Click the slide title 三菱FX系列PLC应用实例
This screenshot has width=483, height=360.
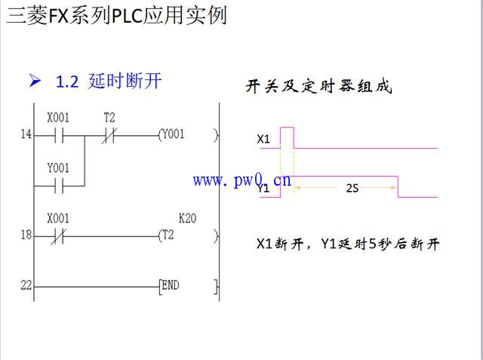116,15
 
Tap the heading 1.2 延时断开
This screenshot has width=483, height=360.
109,82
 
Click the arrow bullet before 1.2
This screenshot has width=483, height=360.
34,82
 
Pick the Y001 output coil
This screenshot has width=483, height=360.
171,135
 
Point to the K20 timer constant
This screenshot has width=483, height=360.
187,219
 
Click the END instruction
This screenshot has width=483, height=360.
171,286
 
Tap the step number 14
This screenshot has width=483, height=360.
26,136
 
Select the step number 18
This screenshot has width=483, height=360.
26,235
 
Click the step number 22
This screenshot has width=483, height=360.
26,286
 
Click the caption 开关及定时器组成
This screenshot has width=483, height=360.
318,87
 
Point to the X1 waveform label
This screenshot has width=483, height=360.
263,139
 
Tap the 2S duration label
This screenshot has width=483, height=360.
352,188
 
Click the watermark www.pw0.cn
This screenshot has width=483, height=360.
241,180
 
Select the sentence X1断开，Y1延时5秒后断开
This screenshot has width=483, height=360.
348,244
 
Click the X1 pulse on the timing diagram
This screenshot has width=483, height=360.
287,137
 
